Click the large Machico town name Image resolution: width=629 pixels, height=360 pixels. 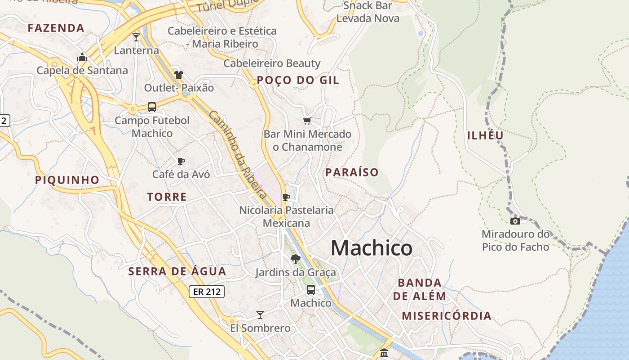[x=371, y=248]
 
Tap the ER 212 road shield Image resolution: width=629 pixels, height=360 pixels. [x=206, y=292]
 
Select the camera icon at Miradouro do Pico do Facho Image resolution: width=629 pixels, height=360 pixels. [x=515, y=221]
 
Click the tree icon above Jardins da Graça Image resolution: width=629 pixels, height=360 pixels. [x=295, y=259]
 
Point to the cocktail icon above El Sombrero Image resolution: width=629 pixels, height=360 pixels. [x=260, y=315]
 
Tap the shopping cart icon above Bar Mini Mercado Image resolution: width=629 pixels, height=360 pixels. [x=307, y=121]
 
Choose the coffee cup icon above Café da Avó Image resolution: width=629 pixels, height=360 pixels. [x=181, y=161]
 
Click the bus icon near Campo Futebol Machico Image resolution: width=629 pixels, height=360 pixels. [x=152, y=107]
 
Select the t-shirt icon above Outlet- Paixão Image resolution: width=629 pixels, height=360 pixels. [x=179, y=75]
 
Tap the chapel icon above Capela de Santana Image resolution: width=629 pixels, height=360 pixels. [x=82, y=57]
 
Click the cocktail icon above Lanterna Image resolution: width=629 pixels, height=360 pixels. [x=136, y=37]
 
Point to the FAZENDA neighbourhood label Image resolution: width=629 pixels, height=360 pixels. [x=56, y=28]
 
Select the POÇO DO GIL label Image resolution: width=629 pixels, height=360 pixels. [x=298, y=81]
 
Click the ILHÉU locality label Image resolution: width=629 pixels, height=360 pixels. [x=485, y=135]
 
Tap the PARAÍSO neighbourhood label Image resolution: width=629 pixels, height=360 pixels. [x=352, y=172]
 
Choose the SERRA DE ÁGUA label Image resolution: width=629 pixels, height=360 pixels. [x=177, y=272]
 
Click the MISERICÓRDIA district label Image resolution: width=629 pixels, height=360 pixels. [x=446, y=316]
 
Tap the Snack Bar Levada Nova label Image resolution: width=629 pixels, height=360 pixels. [x=368, y=12]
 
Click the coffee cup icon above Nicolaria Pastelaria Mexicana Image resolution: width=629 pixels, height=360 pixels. [x=286, y=197]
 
